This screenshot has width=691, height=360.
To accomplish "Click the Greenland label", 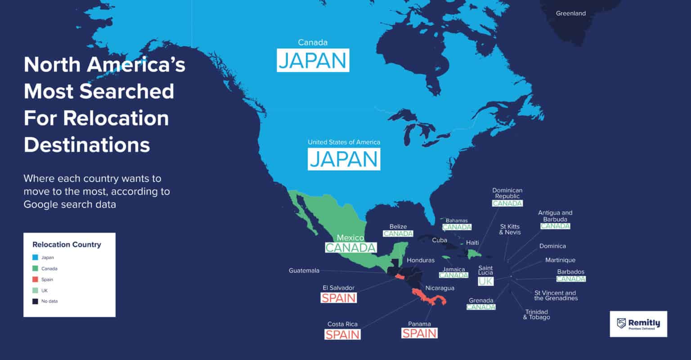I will pyautogui.click(x=570, y=13).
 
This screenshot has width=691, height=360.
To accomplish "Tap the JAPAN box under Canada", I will pyautogui.click(x=313, y=61).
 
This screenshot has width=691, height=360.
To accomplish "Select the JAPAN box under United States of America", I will pyautogui.click(x=344, y=159).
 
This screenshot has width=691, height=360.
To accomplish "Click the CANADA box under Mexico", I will pyautogui.click(x=350, y=247).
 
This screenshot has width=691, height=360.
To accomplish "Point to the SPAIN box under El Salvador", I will pyautogui.click(x=338, y=297).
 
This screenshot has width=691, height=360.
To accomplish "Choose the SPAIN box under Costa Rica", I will pyautogui.click(x=342, y=334).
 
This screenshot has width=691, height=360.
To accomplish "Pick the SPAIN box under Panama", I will pyautogui.click(x=419, y=333).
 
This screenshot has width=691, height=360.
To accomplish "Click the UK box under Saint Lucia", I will pyautogui.click(x=485, y=281).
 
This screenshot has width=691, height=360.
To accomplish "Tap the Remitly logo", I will pyautogui.click(x=638, y=324).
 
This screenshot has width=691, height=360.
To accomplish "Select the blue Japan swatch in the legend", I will pyautogui.click(x=35, y=258).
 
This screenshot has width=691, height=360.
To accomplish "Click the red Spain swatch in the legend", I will pyautogui.click(x=35, y=279).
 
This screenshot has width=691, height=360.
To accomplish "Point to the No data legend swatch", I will pyautogui.click(x=35, y=301).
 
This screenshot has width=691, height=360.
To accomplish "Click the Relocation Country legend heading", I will pyautogui.click(x=67, y=245).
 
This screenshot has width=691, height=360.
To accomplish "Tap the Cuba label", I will pyautogui.click(x=440, y=240).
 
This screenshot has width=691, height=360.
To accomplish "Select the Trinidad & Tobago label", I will pyautogui.click(x=536, y=315).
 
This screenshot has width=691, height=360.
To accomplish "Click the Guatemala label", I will pyautogui.click(x=304, y=270).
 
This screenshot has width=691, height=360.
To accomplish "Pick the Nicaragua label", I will pyautogui.click(x=440, y=288).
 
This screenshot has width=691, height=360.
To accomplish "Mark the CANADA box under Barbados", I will pyautogui.click(x=570, y=279).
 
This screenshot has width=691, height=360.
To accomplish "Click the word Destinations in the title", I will pyautogui.click(x=87, y=145).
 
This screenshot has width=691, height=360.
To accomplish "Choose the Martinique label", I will pyautogui.click(x=560, y=260).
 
